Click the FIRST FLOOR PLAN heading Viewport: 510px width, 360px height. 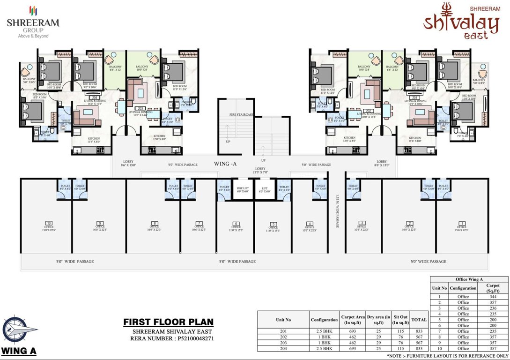click(168, 322)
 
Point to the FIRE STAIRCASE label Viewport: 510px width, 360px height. click(242, 114)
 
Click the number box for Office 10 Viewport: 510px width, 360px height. click(49, 223)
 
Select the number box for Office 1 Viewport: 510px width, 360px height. click(462, 223)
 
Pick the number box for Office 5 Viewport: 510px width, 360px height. click(273, 224)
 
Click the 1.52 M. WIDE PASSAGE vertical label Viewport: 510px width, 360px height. click(337, 211)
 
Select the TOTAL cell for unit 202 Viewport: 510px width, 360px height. click(419, 337)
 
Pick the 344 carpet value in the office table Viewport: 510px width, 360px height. click(493, 297)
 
